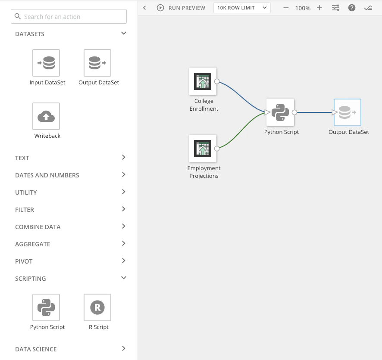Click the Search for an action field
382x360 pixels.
point(69,16)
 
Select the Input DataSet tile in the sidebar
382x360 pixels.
point(46,63)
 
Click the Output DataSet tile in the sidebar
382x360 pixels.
point(97,63)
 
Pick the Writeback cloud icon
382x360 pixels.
point(46,116)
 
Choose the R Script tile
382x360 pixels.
point(97,307)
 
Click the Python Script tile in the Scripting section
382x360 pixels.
point(46,307)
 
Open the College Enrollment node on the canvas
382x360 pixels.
point(203,81)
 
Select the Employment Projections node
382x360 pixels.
point(203,149)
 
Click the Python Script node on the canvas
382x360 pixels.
point(280,112)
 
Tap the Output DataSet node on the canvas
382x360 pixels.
point(348,112)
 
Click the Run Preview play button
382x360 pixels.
point(160,8)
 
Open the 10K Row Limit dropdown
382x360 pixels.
point(242,8)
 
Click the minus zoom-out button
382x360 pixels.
point(286,8)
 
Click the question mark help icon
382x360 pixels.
point(351,8)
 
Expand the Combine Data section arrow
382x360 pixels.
point(124,226)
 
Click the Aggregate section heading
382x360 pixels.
point(33,244)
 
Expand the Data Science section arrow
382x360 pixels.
point(124,348)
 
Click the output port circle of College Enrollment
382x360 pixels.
point(217,81)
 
